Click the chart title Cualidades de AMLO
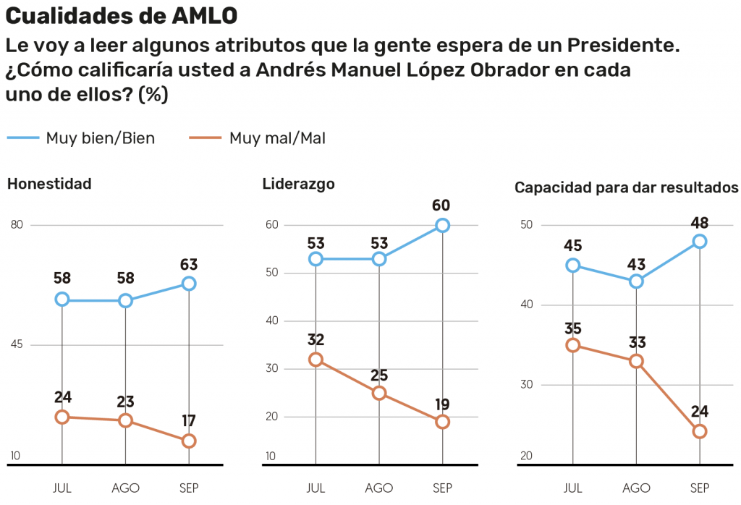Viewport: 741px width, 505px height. point(122,16)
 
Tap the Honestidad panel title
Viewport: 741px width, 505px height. point(49,184)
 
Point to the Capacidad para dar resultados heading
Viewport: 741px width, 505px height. point(626,187)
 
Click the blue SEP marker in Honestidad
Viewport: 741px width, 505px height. point(189,284)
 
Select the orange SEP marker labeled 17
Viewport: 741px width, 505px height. point(189,441)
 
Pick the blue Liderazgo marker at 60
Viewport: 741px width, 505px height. point(442,225)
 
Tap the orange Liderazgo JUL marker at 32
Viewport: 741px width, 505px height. point(316,360)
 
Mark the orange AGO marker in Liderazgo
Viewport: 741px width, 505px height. point(379,393)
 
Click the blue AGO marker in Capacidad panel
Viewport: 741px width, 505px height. point(636,281)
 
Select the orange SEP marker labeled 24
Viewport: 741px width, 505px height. point(700,431)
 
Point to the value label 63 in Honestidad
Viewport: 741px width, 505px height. point(189,264)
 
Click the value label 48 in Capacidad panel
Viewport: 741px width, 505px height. point(700,222)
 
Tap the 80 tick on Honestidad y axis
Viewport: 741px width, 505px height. point(17,225)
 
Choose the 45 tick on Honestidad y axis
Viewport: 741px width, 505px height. point(17,344)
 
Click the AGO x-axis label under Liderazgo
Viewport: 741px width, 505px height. point(379,488)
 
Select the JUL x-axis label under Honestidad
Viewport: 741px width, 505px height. point(62,488)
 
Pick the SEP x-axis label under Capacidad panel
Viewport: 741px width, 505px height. point(700,488)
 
